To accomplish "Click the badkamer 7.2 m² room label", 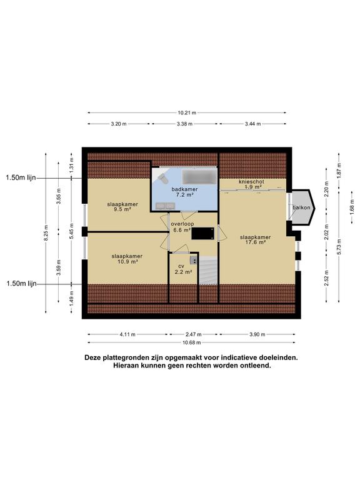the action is pos(184,192).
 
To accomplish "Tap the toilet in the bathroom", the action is pos(162,178).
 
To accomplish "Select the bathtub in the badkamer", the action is pos(199,177).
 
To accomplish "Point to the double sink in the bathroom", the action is pos(165,206).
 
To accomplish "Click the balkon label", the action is pos(301,207).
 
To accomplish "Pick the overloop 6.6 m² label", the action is pos(182,227).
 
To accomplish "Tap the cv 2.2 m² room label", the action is pos(183,269).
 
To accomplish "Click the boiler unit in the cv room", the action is pos(194,260).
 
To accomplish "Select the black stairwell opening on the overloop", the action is pos(202,233).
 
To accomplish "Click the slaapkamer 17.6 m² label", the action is pos(255,240).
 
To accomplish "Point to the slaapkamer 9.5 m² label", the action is pos(122,207).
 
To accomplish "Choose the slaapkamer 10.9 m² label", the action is pos(127,259).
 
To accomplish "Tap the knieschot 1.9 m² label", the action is pos(251,184).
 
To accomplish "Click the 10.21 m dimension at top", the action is pos(187,112).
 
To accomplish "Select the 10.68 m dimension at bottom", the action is pos(192,342).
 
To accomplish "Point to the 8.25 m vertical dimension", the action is pos(46,233).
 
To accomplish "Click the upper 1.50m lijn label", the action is pos(21,177).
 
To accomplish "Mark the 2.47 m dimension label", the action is pos(194,334).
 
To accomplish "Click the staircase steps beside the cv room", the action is pos(209,271).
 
